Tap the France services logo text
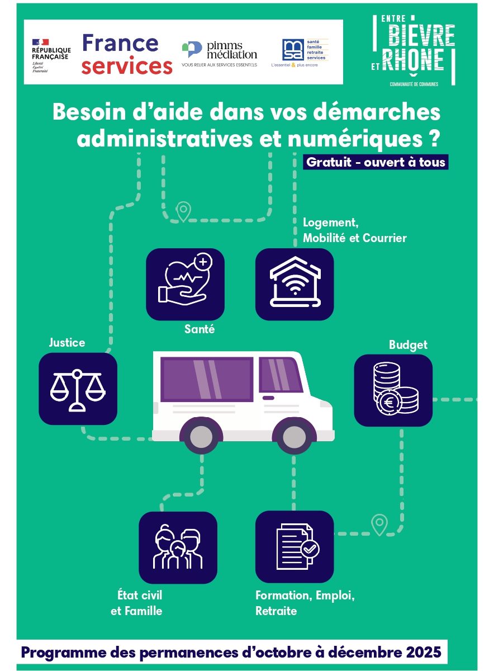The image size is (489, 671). [x=127, y=55]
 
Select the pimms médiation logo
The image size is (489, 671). [x=220, y=54]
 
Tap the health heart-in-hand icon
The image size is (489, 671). [x=185, y=283]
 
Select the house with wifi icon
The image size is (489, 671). [x=295, y=283]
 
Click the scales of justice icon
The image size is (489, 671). [x=78, y=389]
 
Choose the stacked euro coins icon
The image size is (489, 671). [x=393, y=390]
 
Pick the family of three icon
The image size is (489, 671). [x=178, y=547]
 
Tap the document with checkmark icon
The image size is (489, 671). [x=295, y=546]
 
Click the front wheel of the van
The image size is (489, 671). [x=291, y=434]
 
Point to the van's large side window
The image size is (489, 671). [x=206, y=379]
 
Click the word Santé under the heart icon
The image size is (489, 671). [x=200, y=329]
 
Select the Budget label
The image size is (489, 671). [x=408, y=345]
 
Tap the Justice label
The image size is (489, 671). [x=67, y=342]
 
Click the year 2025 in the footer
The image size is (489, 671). [x=423, y=652]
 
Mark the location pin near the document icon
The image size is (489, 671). [x=379, y=524]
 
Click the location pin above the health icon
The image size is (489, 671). [x=183, y=211]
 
